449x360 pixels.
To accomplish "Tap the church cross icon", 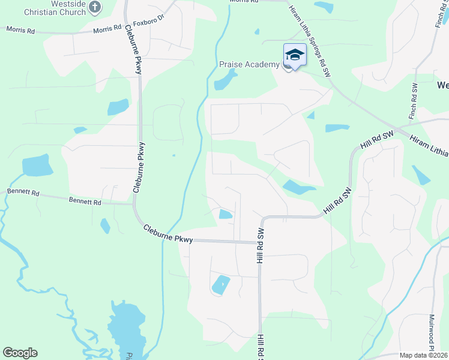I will pos(95,7).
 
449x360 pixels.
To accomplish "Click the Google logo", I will pos(20,353).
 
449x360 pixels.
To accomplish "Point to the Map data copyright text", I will pos(423,355).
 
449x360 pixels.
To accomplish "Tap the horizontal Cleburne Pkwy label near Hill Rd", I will pos(168,234).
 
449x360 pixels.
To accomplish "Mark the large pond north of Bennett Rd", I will pos(36,166).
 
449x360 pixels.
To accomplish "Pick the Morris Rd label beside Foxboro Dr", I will pos(107,29).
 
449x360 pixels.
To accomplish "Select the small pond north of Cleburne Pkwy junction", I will pos(226,214).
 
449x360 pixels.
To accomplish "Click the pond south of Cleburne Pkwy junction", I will pos(220,284).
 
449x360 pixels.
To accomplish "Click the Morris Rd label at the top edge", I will pos(244,2).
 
